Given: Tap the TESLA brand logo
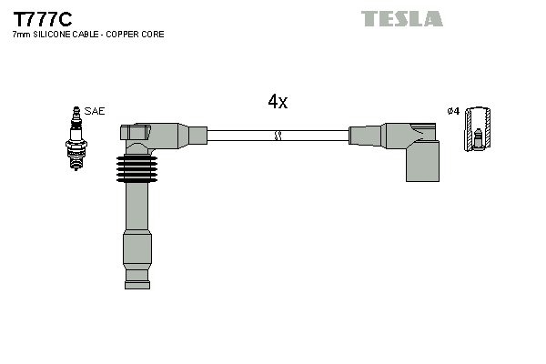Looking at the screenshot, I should coord(401,18).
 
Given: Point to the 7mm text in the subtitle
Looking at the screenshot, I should coord(19,35).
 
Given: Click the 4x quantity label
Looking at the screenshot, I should coord(278,102).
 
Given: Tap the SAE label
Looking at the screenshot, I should coord(95,111).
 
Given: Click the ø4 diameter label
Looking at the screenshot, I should coord(453,111).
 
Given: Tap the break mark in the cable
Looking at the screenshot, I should coord(278,136).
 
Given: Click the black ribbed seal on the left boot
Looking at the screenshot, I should coord(136,168).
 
